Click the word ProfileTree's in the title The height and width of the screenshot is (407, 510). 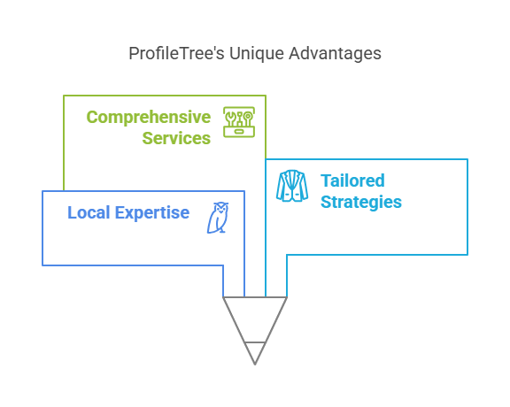point(176,53)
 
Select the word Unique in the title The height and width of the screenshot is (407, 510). point(257,54)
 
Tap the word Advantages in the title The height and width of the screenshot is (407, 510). point(335,54)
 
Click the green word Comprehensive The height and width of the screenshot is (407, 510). point(149,118)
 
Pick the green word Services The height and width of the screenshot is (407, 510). point(176,138)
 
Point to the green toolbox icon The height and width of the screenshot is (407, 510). point(239,122)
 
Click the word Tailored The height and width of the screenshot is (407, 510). point(352,180)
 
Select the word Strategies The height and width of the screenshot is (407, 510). point(361,203)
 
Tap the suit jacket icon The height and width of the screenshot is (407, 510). point(292,186)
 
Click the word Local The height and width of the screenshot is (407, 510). point(89,212)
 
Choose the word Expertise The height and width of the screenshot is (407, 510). point(152,213)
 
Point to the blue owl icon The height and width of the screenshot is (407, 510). point(218,218)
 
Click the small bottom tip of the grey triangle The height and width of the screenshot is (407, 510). point(255,365)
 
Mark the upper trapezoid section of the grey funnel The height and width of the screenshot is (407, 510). point(255,319)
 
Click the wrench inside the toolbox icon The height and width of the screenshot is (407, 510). point(230,119)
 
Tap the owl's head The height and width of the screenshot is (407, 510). point(221,207)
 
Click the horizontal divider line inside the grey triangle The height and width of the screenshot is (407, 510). point(255,342)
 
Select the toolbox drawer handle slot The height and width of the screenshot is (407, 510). point(239,132)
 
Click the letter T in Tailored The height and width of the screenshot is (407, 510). point(326,180)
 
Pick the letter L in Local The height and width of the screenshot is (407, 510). point(72,212)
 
